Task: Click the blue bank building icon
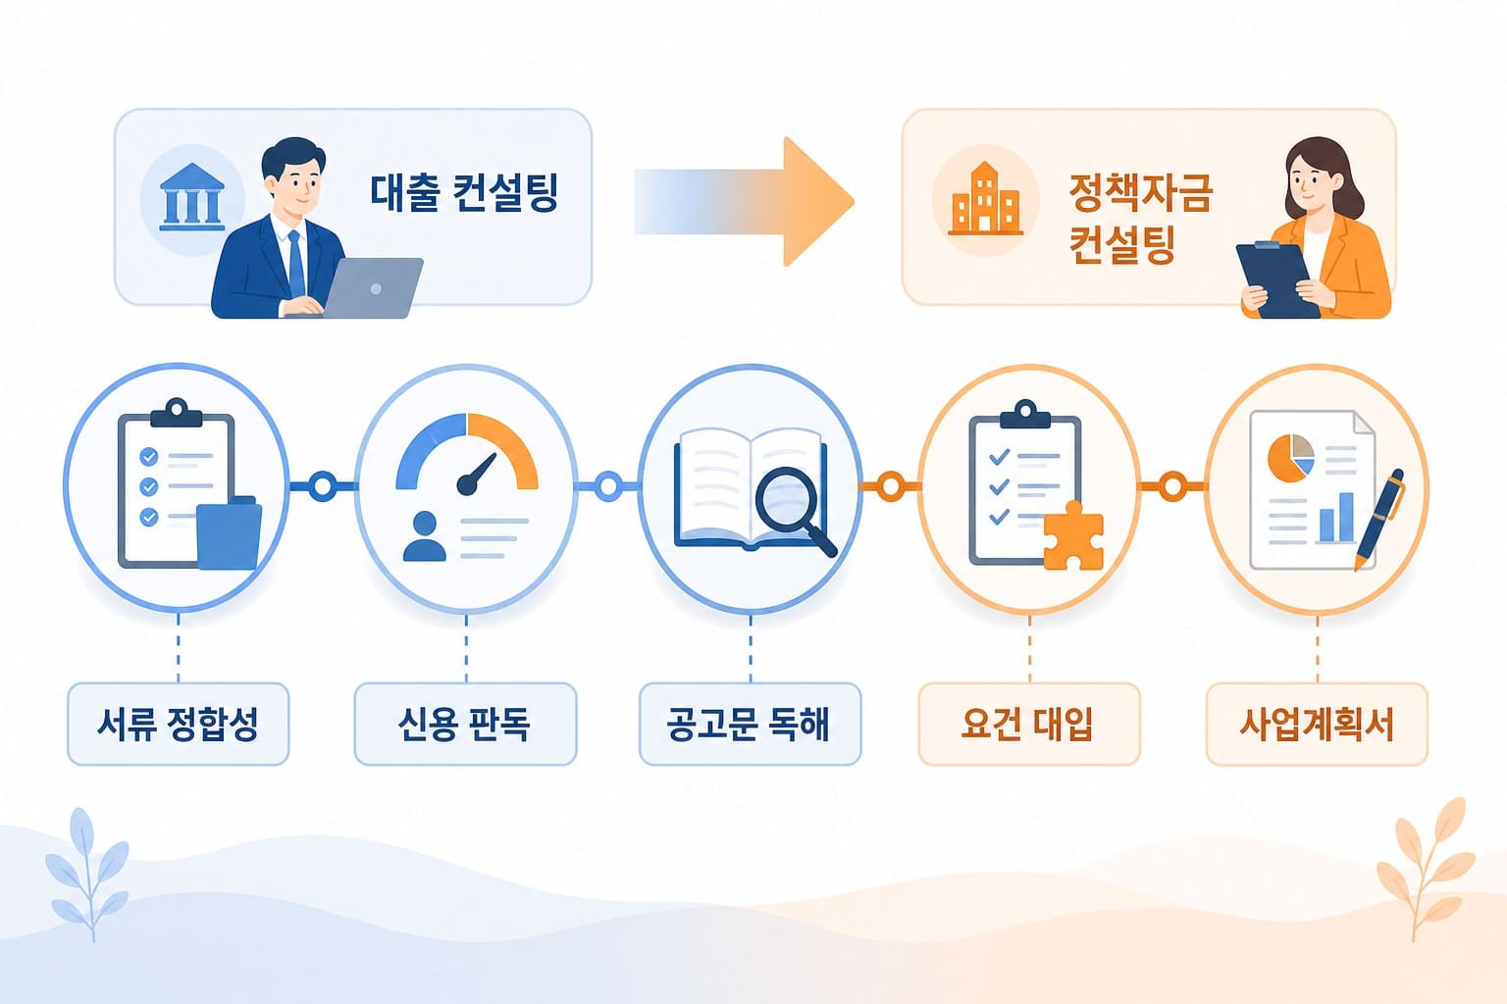[x=191, y=196]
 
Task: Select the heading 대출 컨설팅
[x=464, y=193]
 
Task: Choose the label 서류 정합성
[x=179, y=725]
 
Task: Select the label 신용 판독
[x=464, y=725]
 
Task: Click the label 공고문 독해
[x=749, y=725]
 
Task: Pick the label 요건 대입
[x=1028, y=725]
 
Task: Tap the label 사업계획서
[x=1317, y=725]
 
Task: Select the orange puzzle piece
[x=1073, y=536]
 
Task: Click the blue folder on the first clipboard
[x=230, y=532]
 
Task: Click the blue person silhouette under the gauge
[x=425, y=536]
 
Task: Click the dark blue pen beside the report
[x=1379, y=519]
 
